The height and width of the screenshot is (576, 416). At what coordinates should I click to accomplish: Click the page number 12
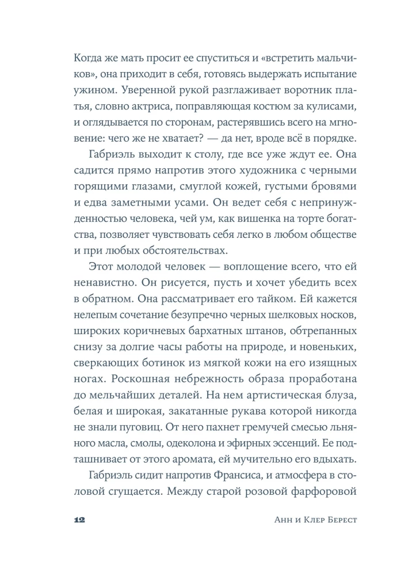(79, 520)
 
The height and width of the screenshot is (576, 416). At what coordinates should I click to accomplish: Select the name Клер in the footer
(282, 520)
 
